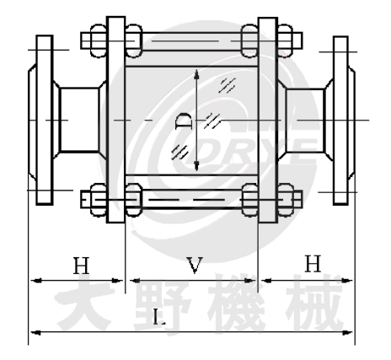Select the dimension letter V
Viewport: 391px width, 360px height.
(193, 267)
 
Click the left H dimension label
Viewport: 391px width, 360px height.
(80, 266)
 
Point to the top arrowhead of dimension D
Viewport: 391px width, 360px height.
(196, 76)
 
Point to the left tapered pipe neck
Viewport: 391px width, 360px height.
(81, 120)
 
